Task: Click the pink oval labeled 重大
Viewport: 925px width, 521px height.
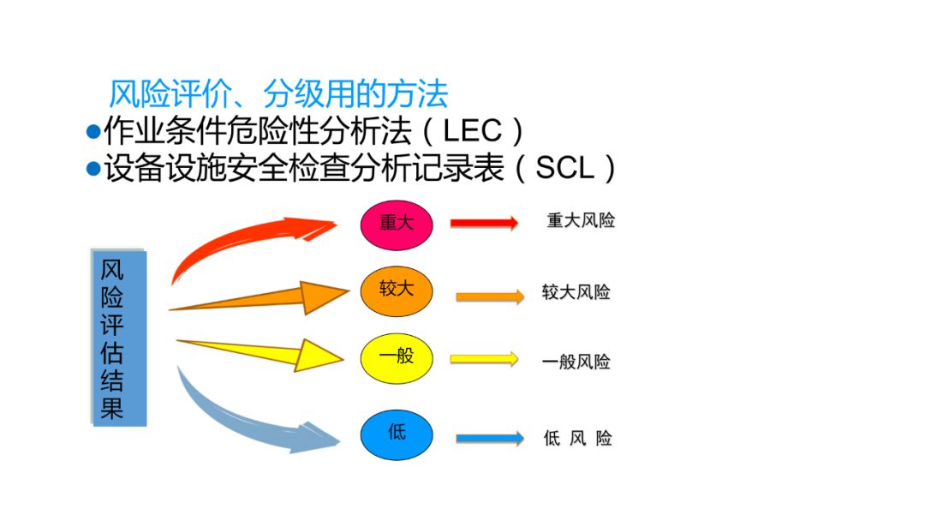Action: pyautogui.click(x=397, y=223)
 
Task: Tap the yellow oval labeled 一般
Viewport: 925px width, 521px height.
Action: pyautogui.click(x=397, y=357)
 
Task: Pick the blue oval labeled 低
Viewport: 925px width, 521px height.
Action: pyautogui.click(x=397, y=434)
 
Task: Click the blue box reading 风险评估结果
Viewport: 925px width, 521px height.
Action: pyautogui.click(x=119, y=338)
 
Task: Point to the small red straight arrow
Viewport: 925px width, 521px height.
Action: pyautogui.click(x=484, y=223)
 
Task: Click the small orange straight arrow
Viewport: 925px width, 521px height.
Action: pyautogui.click(x=489, y=296)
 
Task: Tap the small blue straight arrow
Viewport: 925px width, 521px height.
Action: pyautogui.click(x=489, y=438)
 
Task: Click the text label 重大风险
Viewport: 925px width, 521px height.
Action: pyautogui.click(x=581, y=221)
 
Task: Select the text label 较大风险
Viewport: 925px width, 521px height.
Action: pyautogui.click(x=576, y=292)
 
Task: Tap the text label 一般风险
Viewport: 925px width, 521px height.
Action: pyautogui.click(x=576, y=362)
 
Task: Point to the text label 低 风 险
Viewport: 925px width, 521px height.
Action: pyautogui.click(x=578, y=438)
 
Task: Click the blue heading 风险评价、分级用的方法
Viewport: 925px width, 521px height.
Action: pyautogui.click(x=278, y=93)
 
